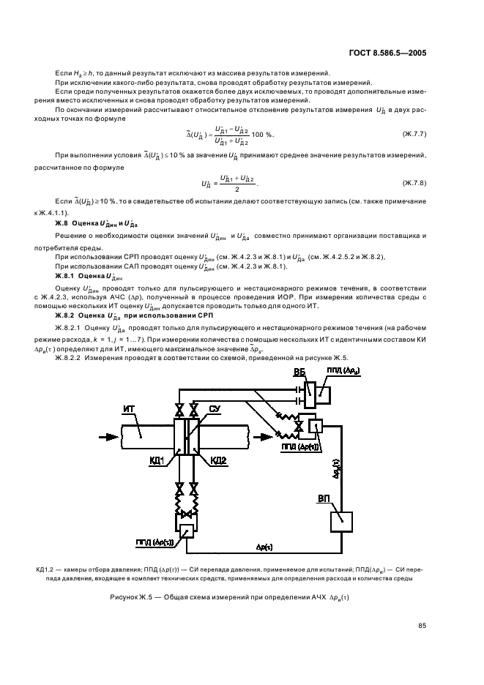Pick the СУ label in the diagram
215,408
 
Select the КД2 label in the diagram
217,460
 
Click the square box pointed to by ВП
341,522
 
